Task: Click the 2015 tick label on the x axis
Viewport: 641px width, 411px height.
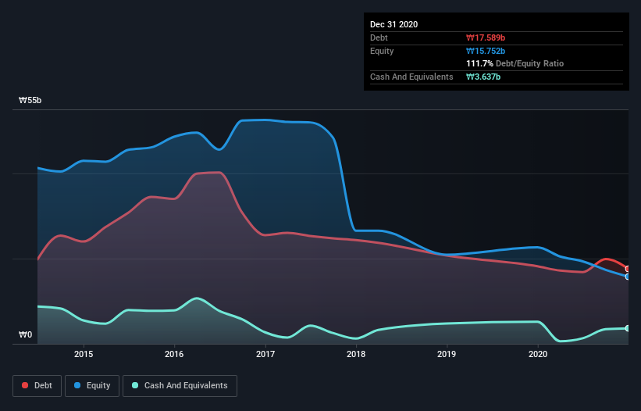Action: pyautogui.click(x=84, y=354)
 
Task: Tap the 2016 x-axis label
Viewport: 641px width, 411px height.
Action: pyautogui.click(x=174, y=354)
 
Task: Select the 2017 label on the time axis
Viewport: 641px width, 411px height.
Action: pyautogui.click(x=265, y=354)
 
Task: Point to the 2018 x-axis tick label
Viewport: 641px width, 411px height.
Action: pyautogui.click(x=356, y=354)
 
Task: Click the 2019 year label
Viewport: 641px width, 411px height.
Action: pyautogui.click(x=447, y=354)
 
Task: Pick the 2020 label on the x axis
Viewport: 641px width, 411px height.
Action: pyautogui.click(x=538, y=354)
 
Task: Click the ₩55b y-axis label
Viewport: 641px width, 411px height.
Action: pyautogui.click(x=30, y=101)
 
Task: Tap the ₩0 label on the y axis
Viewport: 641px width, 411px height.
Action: pyautogui.click(x=26, y=335)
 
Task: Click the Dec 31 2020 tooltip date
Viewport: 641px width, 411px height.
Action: pyautogui.click(x=394, y=24)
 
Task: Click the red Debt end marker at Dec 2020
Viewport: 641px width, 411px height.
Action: pyautogui.click(x=627, y=269)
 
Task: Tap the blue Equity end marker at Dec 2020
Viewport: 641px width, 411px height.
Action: pyautogui.click(x=627, y=277)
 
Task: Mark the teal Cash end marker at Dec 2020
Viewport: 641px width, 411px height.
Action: pyautogui.click(x=627, y=328)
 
